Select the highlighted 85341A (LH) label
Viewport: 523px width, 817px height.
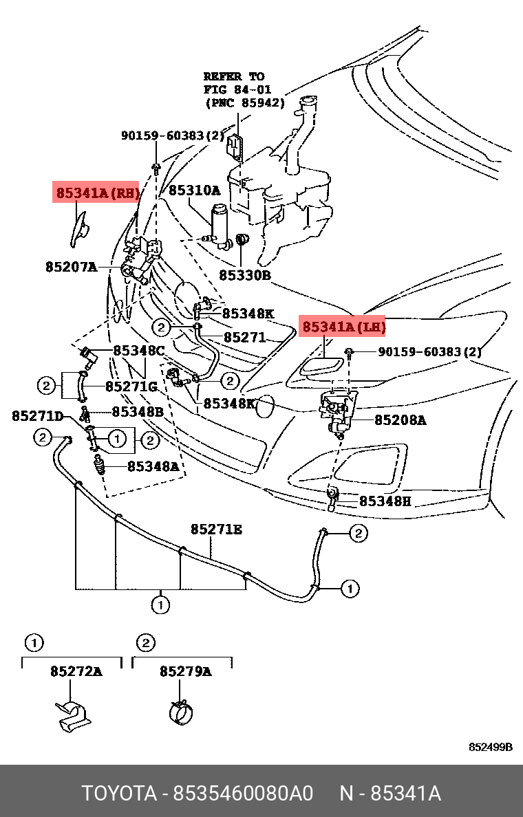pos(343,327)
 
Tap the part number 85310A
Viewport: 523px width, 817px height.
pos(194,190)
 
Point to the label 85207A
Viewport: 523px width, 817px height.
pos(72,268)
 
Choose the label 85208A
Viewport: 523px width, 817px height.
pos(400,420)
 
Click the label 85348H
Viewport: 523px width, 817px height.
pos(385,501)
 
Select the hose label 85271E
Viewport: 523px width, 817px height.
pos(216,530)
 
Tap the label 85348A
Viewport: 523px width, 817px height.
pos(153,466)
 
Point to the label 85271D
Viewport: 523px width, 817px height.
pos(38,416)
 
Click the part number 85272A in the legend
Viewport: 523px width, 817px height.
pos(76,671)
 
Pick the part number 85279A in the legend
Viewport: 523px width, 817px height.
pos(186,671)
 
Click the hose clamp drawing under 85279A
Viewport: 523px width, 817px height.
pos(182,712)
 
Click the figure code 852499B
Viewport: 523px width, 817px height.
pos(491,747)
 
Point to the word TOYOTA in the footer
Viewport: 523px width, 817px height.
pos(120,794)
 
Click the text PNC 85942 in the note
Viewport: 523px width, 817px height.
pos(245,103)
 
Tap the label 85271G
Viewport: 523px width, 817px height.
pos(131,386)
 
